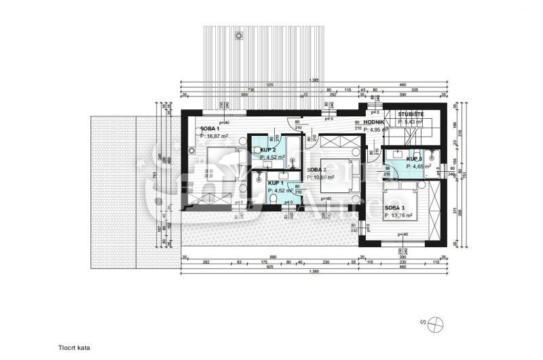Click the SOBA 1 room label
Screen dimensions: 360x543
click(x=210, y=128)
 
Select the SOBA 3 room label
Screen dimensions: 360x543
click(x=394, y=208)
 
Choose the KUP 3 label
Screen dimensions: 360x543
click(x=414, y=159)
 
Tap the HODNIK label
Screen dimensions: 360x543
click(x=374, y=122)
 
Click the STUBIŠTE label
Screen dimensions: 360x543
click(x=411, y=114)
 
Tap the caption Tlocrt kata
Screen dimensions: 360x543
click(x=74, y=347)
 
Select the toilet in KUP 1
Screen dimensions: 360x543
click(x=272, y=200)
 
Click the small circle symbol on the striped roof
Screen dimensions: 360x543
click(x=238, y=35)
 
